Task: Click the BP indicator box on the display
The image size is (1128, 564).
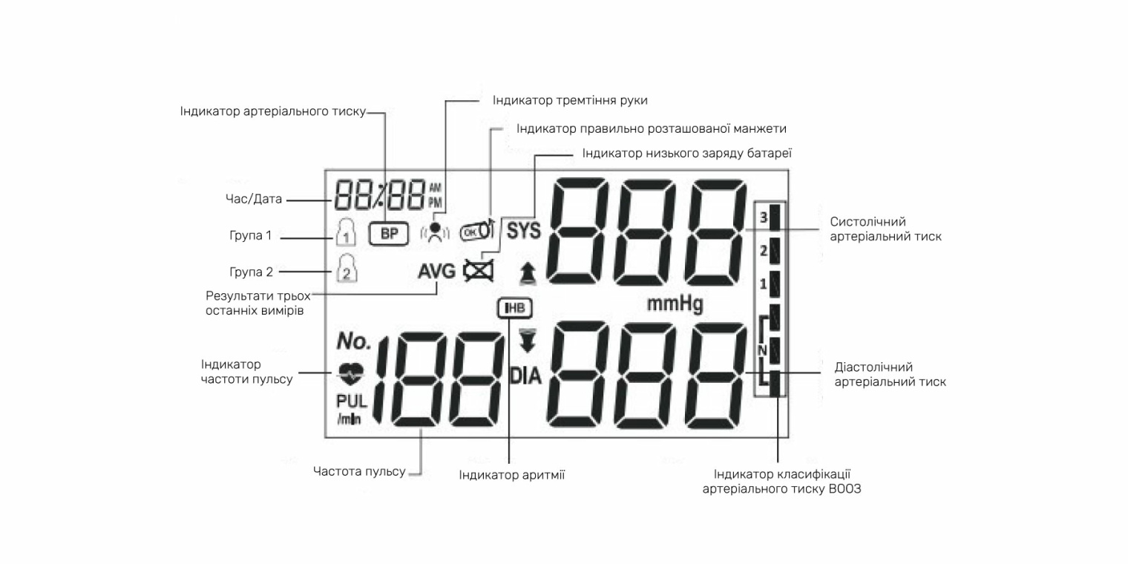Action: pos(389,233)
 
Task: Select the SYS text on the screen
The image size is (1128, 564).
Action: pos(524,231)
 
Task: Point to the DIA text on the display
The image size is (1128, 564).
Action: pos(525,376)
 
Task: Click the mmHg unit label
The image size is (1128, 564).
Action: pos(675,304)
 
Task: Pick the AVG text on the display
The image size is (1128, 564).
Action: pos(436,271)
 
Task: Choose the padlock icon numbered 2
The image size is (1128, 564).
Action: pos(347,269)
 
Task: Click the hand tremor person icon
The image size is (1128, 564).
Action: pos(436,233)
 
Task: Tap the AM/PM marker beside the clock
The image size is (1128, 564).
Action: pos(435,194)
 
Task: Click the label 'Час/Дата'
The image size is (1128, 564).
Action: pos(255,200)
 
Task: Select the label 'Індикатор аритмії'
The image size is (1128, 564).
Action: pos(511,475)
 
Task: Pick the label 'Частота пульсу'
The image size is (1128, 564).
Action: pos(359,471)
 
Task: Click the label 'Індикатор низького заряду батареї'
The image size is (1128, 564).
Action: pos(687,154)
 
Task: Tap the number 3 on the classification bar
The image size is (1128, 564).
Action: pos(763,217)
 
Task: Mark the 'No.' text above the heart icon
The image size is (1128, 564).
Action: pos(353,341)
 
